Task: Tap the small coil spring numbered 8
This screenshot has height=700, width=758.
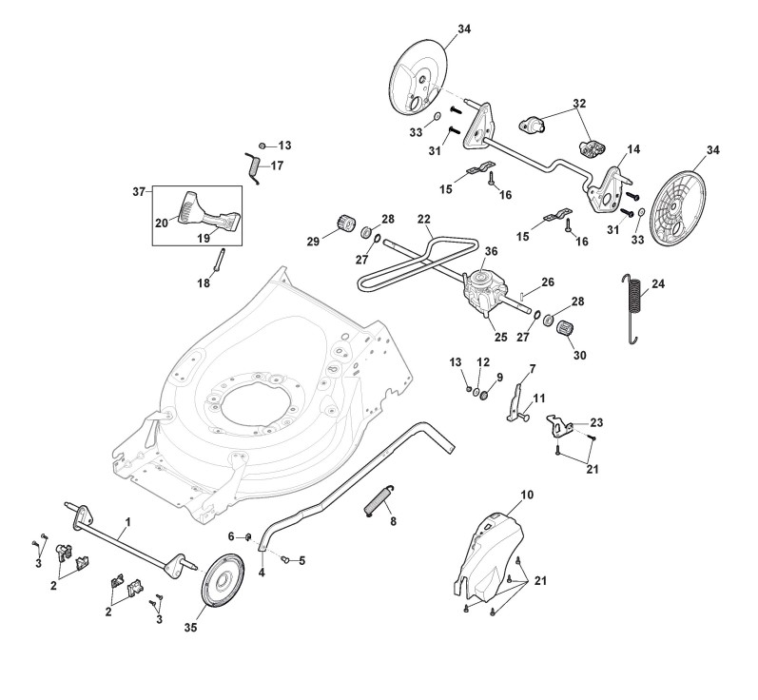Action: [x=379, y=500]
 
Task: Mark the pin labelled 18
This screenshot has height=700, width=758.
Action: [x=218, y=260]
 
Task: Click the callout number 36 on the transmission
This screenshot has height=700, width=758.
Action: [x=491, y=252]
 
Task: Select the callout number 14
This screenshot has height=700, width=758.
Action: [x=633, y=150]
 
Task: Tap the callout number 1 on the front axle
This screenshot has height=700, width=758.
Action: [x=127, y=521]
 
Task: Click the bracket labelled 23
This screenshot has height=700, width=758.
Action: [x=564, y=422]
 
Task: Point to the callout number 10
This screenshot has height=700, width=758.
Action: [x=528, y=495]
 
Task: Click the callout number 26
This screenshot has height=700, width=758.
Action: [x=548, y=282]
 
